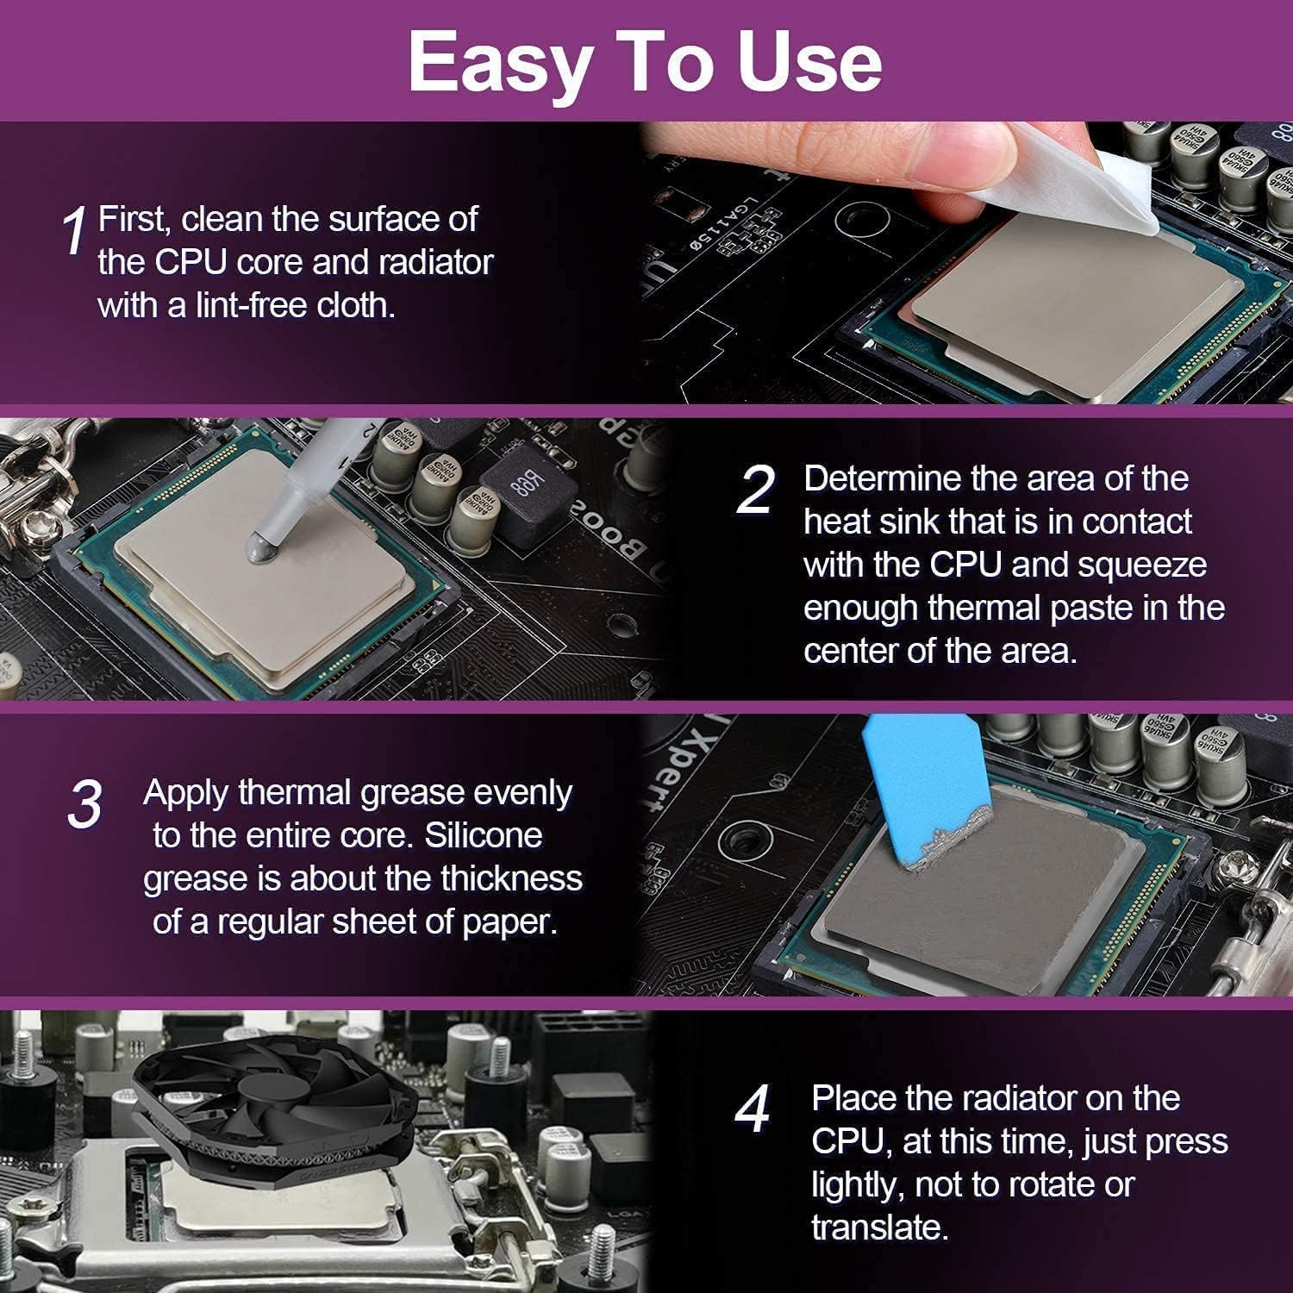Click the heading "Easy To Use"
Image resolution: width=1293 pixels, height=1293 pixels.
pos(645,62)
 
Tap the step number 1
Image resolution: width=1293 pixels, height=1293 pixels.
pos(75,230)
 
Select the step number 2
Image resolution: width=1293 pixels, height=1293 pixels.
pos(755,490)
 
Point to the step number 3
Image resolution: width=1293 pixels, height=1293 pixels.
pos(84,805)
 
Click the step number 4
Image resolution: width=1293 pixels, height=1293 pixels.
pos(752,1110)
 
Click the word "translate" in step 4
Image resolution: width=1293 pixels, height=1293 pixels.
pos(878,1227)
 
